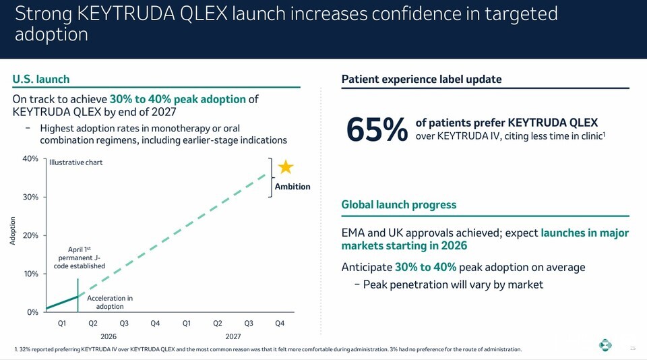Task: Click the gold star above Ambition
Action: tap(286, 167)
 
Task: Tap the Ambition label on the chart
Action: tap(292, 187)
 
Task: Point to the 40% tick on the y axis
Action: tap(30, 159)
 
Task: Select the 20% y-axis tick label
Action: tap(30, 235)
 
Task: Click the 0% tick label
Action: tap(32, 312)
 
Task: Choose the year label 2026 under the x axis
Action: tap(109, 336)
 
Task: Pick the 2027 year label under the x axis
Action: tap(233, 336)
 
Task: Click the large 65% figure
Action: tap(377, 129)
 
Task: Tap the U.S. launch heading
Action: tap(41, 80)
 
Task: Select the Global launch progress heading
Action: tap(398, 205)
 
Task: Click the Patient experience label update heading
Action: tap(421, 80)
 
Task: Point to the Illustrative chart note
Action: tap(76, 162)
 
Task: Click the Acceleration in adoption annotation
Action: tap(110, 302)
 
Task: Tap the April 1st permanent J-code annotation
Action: tap(80, 258)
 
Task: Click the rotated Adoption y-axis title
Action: tap(12, 231)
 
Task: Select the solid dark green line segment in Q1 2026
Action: tap(62, 302)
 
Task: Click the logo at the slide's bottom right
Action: tap(605, 344)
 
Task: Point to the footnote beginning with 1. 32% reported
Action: tap(268, 349)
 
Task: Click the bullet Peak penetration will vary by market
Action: tap(449, 285)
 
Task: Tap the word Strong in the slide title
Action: tap(43, 14)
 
